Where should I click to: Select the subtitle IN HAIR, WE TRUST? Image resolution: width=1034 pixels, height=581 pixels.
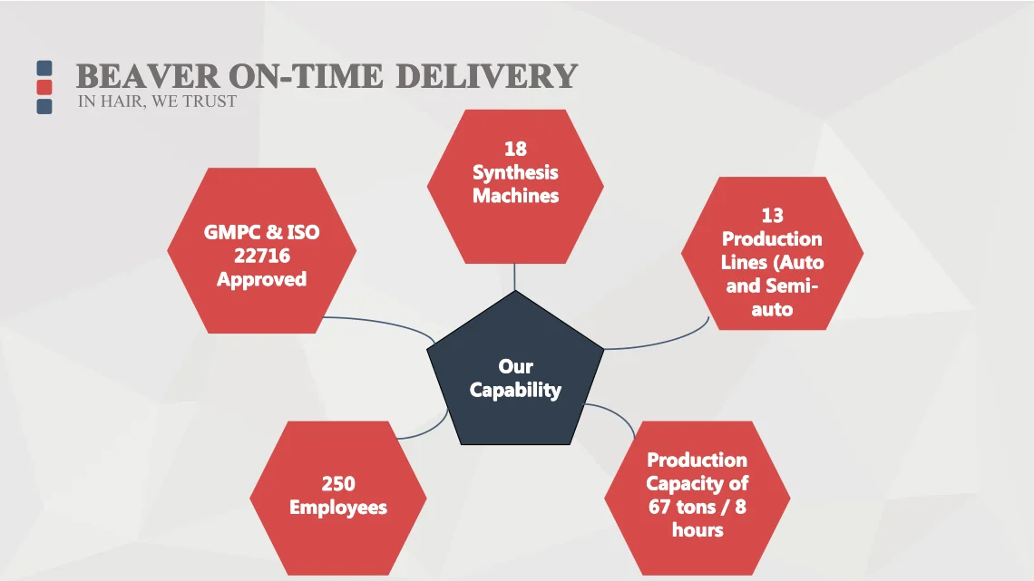coord(157,102)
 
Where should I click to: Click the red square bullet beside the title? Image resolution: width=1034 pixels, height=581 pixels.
coord(44,88)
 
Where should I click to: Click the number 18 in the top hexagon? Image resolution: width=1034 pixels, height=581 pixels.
coord(515,149)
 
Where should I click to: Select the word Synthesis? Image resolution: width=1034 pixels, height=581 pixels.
coord(515,172)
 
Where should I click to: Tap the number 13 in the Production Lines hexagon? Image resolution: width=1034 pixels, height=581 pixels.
coord(772,216)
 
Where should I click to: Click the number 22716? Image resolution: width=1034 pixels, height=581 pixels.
coord(261,256)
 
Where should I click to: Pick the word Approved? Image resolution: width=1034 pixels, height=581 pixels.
coord(261,279)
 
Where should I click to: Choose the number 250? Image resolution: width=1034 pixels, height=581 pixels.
coord(338,484)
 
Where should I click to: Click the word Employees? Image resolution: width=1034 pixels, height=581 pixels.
coord(338,508)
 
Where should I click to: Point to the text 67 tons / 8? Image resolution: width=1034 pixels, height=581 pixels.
coord(697,507)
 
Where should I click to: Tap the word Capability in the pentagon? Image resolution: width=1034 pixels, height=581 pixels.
coord(515,391)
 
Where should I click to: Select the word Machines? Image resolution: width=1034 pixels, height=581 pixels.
coord(515,196)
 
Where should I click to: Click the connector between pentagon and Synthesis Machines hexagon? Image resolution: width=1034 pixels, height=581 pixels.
coord(515,277)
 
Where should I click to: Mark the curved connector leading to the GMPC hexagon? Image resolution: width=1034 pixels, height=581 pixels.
coord(381,322)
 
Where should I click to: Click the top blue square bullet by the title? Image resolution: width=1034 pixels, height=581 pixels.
coord(44,68)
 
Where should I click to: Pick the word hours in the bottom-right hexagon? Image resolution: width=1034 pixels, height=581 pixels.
coord(697,530)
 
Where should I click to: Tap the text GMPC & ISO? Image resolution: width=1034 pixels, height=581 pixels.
coord(261,232)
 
